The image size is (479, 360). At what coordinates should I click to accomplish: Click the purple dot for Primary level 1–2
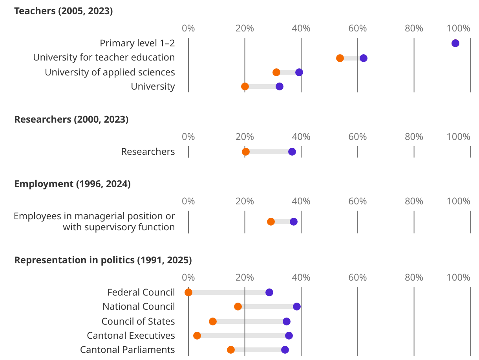(455, 43)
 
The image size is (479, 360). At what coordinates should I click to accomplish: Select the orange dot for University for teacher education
(340, 58)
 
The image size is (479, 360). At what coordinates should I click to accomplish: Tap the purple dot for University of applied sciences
(299, 72)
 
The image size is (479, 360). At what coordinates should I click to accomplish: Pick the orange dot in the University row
(245, 86)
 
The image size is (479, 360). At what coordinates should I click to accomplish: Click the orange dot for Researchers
(246, 152)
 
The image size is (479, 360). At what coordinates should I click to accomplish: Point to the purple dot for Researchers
(292, 152)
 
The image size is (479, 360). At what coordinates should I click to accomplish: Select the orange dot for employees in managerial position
(271, 222)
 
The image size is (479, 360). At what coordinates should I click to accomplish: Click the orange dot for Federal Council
(188, 292)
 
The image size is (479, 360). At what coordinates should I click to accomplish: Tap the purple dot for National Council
(297, 307)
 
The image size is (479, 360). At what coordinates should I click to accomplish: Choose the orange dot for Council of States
(213, 321)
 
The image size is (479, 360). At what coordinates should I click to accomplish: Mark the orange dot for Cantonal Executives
(197, 336)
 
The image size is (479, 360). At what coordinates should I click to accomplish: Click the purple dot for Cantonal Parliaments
(285, 350)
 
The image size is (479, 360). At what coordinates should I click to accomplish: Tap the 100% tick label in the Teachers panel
(458, 28)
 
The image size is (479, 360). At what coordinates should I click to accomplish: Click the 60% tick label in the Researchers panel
(358, 137)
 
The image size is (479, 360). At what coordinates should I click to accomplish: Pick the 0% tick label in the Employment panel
(188, 201)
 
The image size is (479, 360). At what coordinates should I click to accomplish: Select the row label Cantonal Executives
(131, 336)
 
